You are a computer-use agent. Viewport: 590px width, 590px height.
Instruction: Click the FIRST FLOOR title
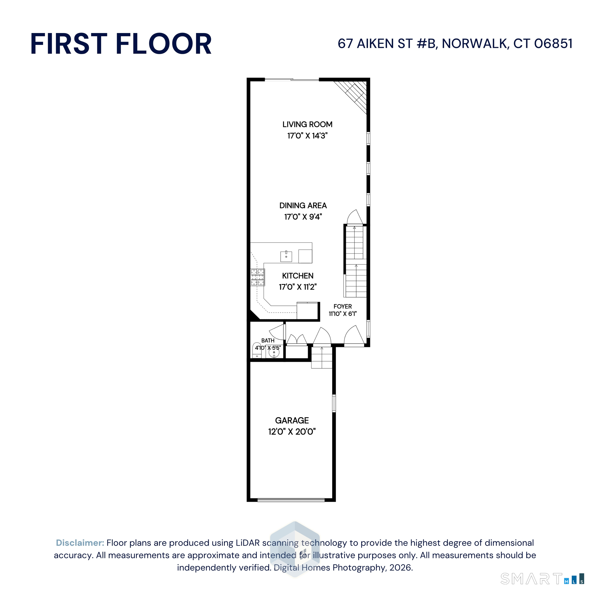point(121,44)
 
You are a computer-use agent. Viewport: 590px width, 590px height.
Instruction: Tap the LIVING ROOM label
point(307,124)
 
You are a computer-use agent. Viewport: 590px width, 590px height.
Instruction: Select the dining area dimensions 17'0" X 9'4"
point(303,217)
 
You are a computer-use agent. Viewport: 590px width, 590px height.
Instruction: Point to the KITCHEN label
point(298,276)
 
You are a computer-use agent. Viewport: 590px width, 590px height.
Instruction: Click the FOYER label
point(343,306)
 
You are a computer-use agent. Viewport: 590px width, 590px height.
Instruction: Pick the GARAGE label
point(292,420)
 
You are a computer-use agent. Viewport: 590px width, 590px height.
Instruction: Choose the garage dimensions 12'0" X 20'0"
point(292,431)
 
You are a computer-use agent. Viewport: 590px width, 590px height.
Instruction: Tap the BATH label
point(268,341)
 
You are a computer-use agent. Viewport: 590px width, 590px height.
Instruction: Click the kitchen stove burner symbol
point(257,277)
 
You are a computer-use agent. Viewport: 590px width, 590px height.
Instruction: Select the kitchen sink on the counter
point(286,257)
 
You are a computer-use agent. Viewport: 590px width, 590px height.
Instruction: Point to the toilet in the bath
point(257,350)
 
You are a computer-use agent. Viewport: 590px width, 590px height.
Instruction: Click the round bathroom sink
point(274,352)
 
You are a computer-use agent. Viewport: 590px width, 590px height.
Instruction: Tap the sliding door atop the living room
point(292,80)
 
